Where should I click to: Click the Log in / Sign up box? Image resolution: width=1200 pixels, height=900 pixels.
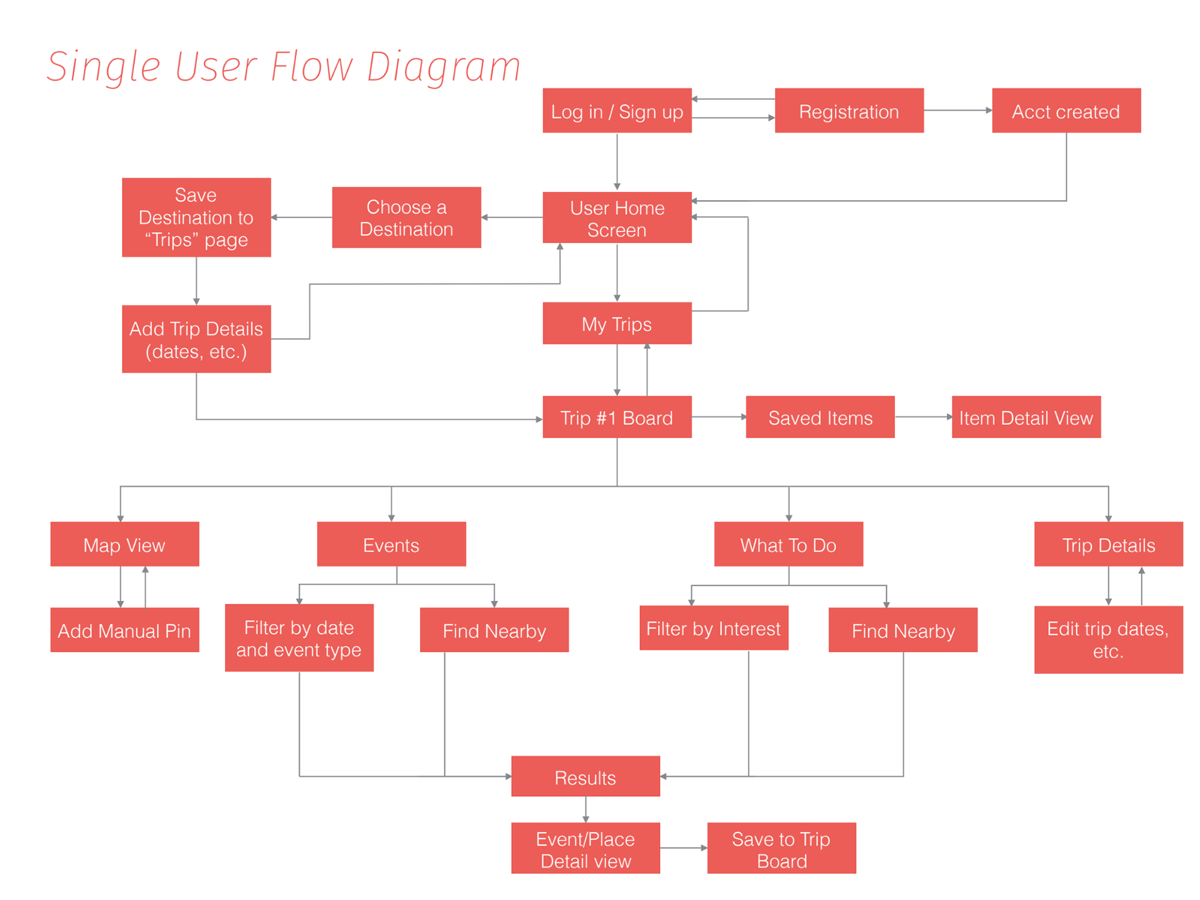pyautogui.click(x=617, y=111)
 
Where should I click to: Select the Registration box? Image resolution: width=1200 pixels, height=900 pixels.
pyautogui.click(x=849, y=111)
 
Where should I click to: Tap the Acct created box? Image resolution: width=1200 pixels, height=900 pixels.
pyautogui.click(x=1066, y=111)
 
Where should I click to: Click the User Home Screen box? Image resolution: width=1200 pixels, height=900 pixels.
pyautogui.click(x=617, y=217)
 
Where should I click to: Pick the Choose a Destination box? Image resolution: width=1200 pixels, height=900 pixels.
pyautogui.click(x=406, y=217)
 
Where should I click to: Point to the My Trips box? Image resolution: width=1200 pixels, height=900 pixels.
pyautogui.click(x=617, y=323)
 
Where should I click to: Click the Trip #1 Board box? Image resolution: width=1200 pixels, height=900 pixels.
pyautogui.click(x=617, y=417)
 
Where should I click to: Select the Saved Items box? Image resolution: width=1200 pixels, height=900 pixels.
pyautogui.click(x=820, y=417)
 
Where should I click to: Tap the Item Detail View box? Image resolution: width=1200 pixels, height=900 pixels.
pyautogui.click(x=1026, y=417)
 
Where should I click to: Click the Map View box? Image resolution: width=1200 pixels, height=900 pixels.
pyautogui.click(x=125, y=544)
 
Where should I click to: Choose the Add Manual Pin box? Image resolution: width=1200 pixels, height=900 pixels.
pyautogui.click(x=125, y=630)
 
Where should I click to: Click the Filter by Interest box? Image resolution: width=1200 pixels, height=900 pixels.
pyautogui.click(x=714, y=627)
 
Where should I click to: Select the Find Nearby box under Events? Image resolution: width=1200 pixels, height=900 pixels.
pyautogui.click(x=494, y=630)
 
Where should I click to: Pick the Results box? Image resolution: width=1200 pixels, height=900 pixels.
pyautogui.click(x=586, y=776)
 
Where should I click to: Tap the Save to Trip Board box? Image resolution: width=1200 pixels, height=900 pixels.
pyautogui.click(x=782, y=848)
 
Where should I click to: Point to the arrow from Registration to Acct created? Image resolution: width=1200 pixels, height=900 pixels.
pyautogui.click(x=958, y=111)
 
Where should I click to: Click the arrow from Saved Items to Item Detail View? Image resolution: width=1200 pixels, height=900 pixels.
pyautogui.click(x=924, y=417)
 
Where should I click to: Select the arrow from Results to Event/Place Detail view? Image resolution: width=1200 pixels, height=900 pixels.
pyautogui.click(x=586, y=810)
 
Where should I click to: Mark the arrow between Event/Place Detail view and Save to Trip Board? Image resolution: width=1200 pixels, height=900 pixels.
pyautogui.click(x=684, y=848)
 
